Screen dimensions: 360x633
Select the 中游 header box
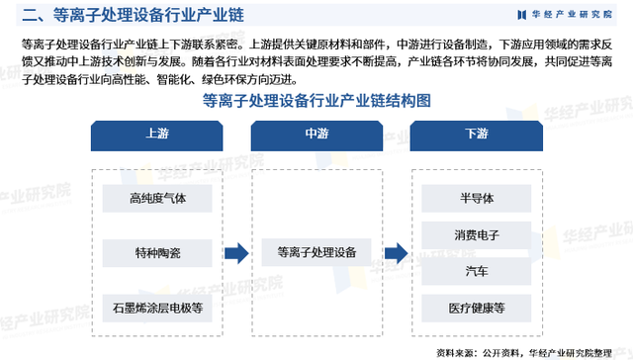click(x=317, y=135)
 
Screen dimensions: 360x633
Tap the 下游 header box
click(x=476, y=135)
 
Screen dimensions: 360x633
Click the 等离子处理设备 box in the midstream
click(x=317, y=253)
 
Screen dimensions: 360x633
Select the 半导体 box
click(x=476, y=198)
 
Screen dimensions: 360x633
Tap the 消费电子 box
click(x=476, y=235)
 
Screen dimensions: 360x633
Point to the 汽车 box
click(x=476, y=271)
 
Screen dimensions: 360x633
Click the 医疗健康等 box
click(x=476, y=309)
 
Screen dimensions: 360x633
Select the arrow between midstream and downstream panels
click(x=396, y=253)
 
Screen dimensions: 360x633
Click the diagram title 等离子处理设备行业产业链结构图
click(x=316, y=101)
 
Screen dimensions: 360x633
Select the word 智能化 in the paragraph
click(x=162, y=78)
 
